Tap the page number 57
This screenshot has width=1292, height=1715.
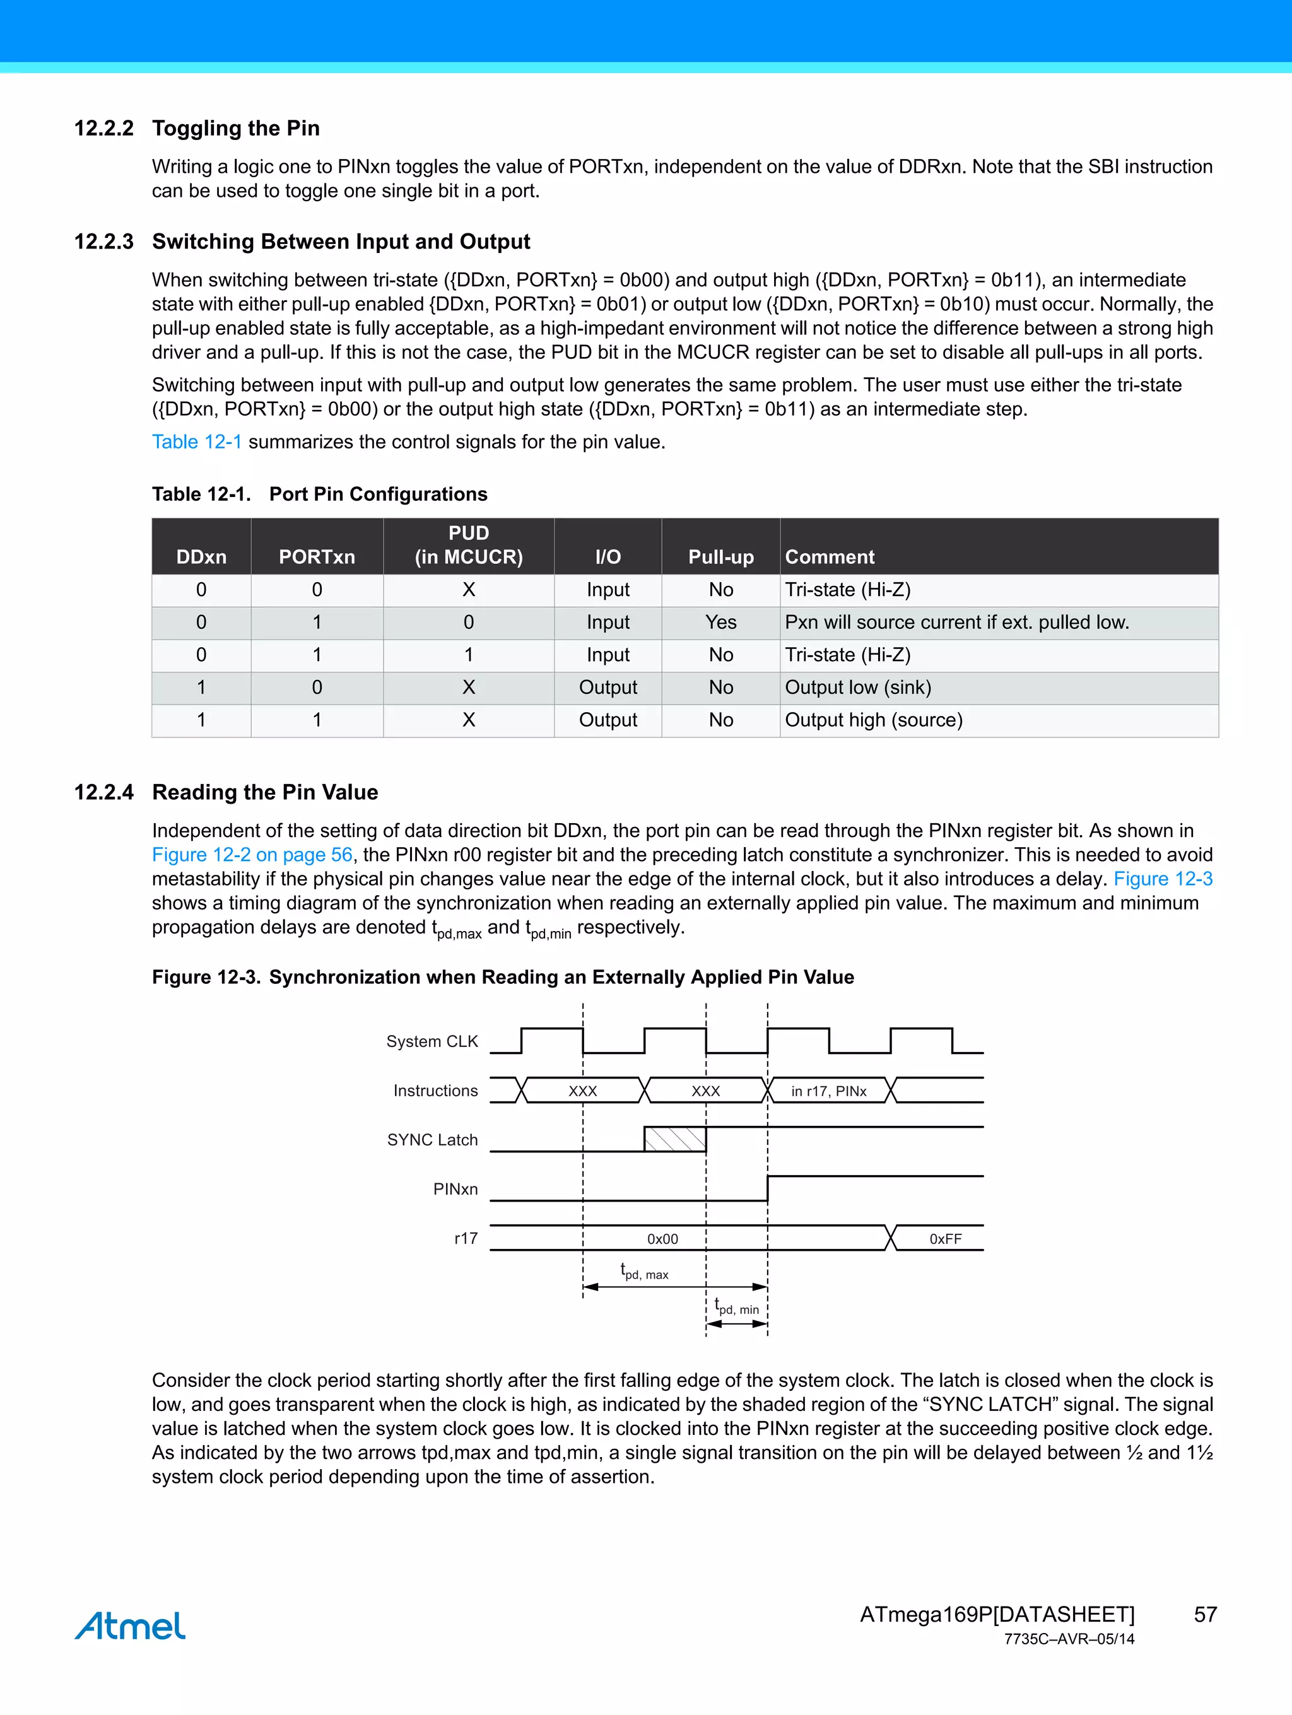point(1204,1614)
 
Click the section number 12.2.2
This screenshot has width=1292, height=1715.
point(104,128)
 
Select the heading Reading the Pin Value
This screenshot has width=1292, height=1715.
point(264,792)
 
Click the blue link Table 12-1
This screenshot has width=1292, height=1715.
point(197,442)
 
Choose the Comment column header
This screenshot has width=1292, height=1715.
point(829,557)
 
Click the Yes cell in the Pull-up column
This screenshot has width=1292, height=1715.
point(720,622)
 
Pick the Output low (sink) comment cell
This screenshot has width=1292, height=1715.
point(858,687)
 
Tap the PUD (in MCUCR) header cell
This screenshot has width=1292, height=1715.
point(468,545)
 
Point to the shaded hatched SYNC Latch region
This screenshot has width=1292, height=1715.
point(674,1139)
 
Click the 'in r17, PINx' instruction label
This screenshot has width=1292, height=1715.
point(828,1091)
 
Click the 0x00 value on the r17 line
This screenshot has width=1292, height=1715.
point(662,1239)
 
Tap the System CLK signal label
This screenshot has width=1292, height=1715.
point(432,1041)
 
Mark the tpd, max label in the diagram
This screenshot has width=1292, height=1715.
point(645,1272)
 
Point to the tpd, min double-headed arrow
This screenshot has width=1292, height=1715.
point(737,1323)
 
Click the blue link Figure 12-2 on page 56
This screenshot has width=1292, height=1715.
point(252,855)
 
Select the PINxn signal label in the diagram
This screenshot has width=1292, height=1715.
point(455,1188)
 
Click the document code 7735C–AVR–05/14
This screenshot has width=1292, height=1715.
point(1068,1639)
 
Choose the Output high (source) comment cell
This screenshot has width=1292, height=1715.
point(873,720)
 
